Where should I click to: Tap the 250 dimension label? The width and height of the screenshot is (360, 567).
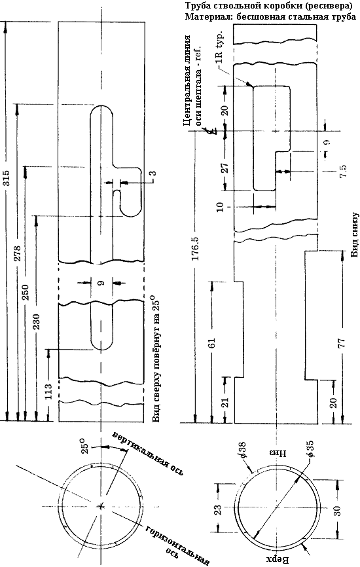tap(26, 291)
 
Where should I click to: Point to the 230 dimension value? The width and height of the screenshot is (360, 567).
tap(37, 321)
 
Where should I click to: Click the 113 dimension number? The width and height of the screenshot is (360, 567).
tap(48, 390)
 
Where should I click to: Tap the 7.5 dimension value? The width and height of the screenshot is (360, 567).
tap(344, 171)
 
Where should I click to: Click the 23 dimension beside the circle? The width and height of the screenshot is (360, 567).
tap(219, 510)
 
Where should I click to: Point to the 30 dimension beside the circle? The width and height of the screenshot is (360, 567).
tap(337, 511)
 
